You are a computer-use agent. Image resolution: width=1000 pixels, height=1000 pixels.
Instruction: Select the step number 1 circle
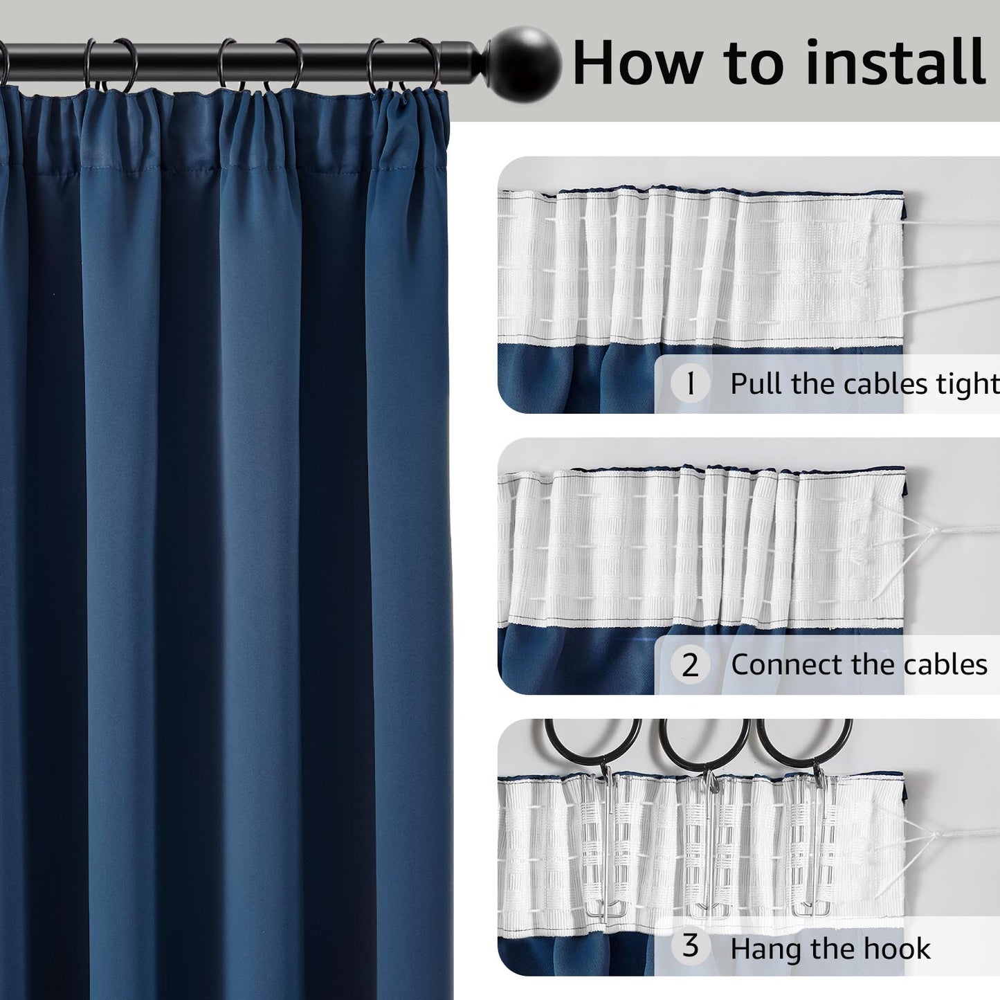(x=690, y=383)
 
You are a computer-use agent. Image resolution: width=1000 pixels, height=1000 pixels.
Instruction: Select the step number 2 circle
(x=690, y=665)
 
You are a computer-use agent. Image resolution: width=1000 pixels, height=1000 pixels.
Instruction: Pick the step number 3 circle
(x=690, y=946)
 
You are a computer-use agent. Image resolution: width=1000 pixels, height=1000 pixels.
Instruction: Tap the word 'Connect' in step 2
(x=788, y=664)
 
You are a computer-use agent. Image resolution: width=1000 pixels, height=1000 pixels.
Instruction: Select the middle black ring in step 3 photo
(x=704, y=744)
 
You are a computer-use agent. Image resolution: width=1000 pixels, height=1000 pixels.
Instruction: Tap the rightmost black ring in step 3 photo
(x=803, y=744)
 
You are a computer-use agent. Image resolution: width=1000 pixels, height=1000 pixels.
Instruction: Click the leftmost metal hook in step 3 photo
(x=601, y=844)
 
